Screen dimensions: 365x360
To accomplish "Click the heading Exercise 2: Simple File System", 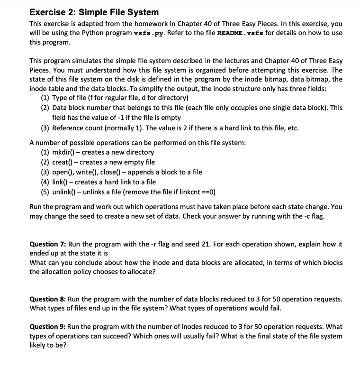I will point(94,12).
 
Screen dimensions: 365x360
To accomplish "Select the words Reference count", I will point(78,128).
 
